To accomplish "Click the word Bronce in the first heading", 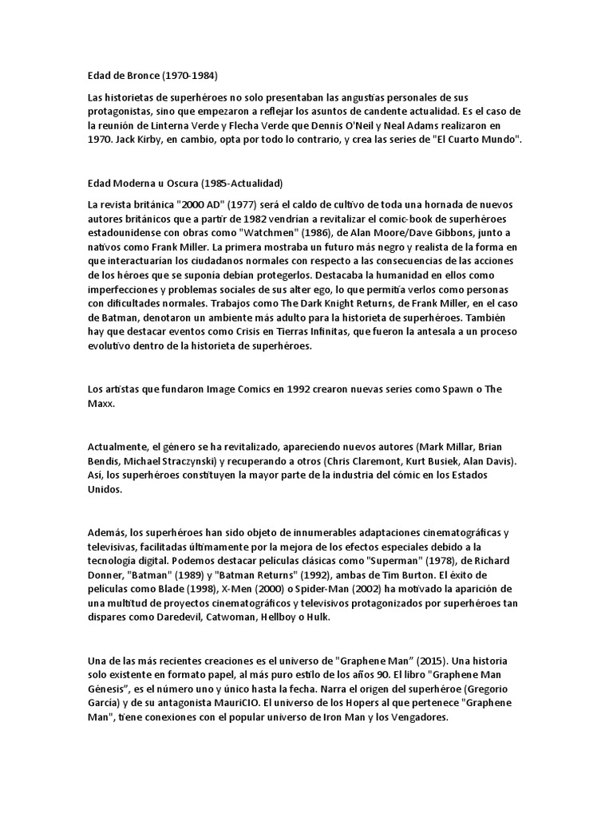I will tap(140, 75).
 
